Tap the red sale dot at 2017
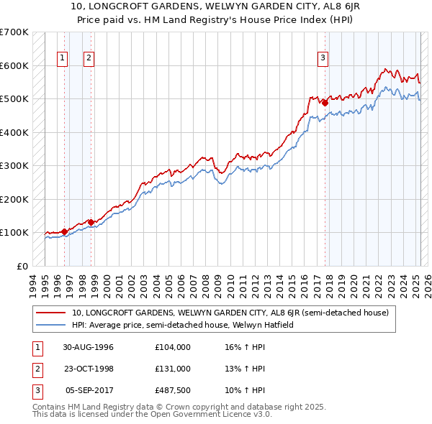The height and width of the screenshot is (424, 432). [x=325, y=103]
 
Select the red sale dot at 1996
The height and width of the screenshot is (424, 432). [x=64, y=231]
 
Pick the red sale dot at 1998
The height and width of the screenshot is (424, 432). [x=91, y=222]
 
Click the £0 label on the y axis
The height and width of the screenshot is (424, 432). [x=22, y=266]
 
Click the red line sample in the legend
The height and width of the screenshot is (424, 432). [x=52, y=313]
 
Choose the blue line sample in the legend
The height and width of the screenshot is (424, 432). [x=52, y=325]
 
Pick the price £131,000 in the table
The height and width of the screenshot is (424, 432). [x=173, y=369]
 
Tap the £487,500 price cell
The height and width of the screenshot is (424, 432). [x=173, y=390]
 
